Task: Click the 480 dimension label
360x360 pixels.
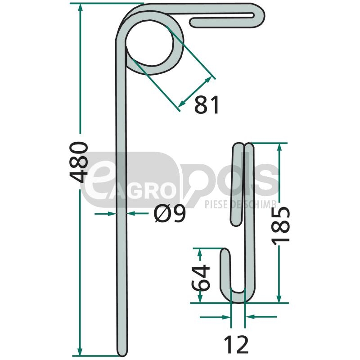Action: [79, 162]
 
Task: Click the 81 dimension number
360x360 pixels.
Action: [207, 105]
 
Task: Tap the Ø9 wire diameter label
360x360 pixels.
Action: [170, 214]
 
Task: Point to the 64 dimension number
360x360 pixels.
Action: [200, 278]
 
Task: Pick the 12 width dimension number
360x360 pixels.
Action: [236, 344]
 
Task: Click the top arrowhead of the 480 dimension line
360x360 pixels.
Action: [80, 8]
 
